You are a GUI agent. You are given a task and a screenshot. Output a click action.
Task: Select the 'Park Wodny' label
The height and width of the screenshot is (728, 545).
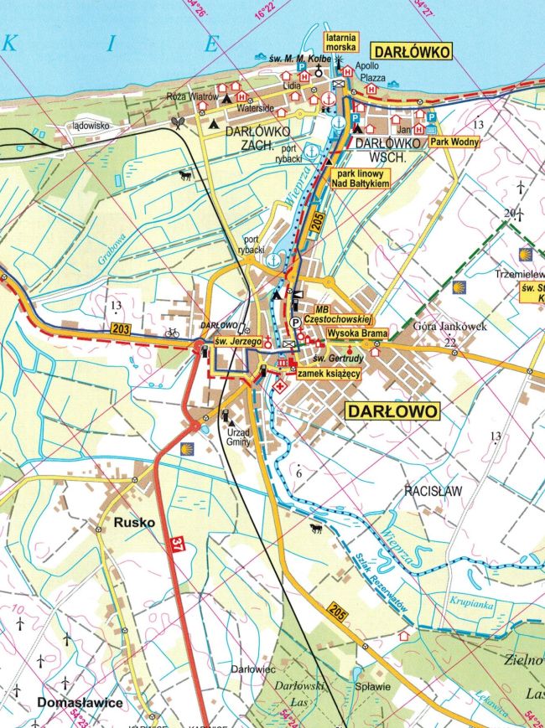click(455, 142)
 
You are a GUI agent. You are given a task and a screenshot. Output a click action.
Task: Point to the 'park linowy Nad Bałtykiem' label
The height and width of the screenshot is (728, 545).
click(363, 178)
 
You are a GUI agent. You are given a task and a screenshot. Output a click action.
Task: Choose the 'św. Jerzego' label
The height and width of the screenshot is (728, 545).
click(234, 342)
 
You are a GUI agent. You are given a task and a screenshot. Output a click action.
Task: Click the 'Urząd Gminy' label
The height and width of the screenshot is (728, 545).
click(238, 436)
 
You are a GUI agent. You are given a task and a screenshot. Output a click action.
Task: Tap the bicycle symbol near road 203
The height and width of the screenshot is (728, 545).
click(173, 333)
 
